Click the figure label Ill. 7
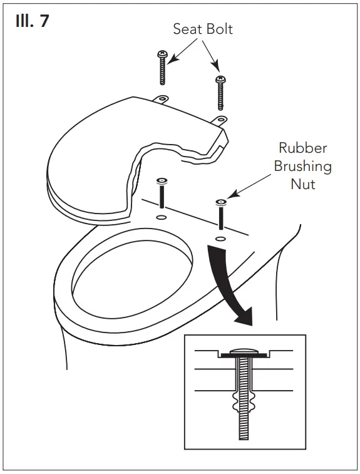click(x=31, y=21)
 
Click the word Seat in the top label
click(x=187, y=29)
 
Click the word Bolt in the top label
click(x=219, y=29)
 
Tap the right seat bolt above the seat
click(x=220, y=91)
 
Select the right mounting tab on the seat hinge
click(x=220, y=119)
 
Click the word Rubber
click(x=303, y=149)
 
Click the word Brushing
click(x=305, y=167)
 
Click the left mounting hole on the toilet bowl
click(x=161, y=217)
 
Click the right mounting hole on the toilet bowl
click(x=220, y=239)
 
